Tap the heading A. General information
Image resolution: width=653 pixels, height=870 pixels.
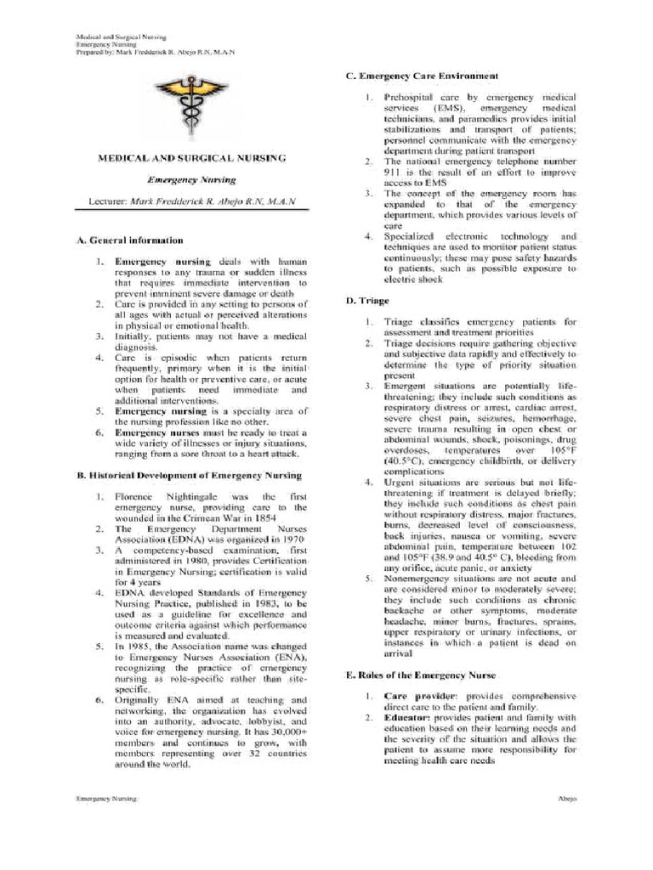pos(129,240)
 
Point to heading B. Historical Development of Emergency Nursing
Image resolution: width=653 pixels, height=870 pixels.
pos(189,475)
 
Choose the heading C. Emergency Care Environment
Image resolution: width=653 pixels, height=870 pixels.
pos(421,76)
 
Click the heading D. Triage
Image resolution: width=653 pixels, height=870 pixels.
pos(361,301)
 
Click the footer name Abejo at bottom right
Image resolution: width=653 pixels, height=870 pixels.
pos(568,799)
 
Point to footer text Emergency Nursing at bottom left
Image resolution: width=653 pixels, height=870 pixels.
pos(105,799)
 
